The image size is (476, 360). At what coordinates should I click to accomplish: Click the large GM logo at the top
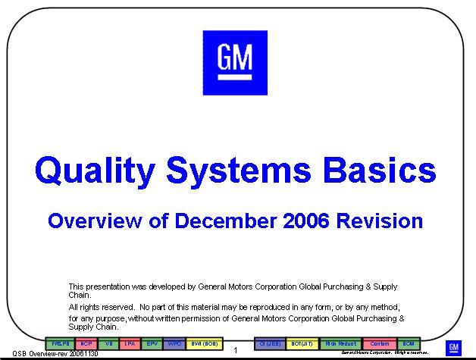point(235,63)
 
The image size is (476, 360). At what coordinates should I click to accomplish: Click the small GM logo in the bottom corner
point(453,348)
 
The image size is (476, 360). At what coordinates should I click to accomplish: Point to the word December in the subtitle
point(224,221)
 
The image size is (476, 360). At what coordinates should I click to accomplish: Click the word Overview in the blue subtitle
point(93,221)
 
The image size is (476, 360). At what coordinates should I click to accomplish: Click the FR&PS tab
point(61,343)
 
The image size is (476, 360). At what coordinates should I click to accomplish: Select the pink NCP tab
point(86,343)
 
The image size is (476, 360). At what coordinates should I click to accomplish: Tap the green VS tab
point(109,343)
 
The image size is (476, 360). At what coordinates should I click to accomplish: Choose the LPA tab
point(130,343)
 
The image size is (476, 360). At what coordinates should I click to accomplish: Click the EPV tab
point(152,343)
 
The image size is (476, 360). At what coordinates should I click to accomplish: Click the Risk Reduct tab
point(341,343)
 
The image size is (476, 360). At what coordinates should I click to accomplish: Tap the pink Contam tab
point(380,343)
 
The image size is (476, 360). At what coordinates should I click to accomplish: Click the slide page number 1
point(236,350)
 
